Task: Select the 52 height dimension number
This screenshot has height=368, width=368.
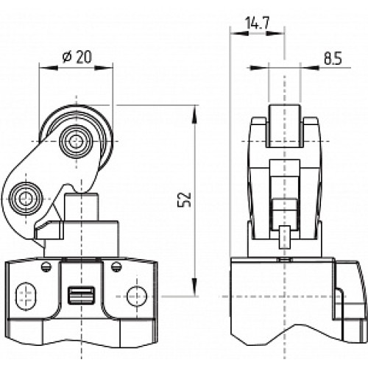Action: [x=185, y=199]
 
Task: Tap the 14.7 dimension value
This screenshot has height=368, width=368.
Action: [x=255, y=24]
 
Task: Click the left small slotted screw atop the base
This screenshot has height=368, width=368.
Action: [x=46, y=266]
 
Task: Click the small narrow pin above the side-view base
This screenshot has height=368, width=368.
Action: [x=284, y=240]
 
